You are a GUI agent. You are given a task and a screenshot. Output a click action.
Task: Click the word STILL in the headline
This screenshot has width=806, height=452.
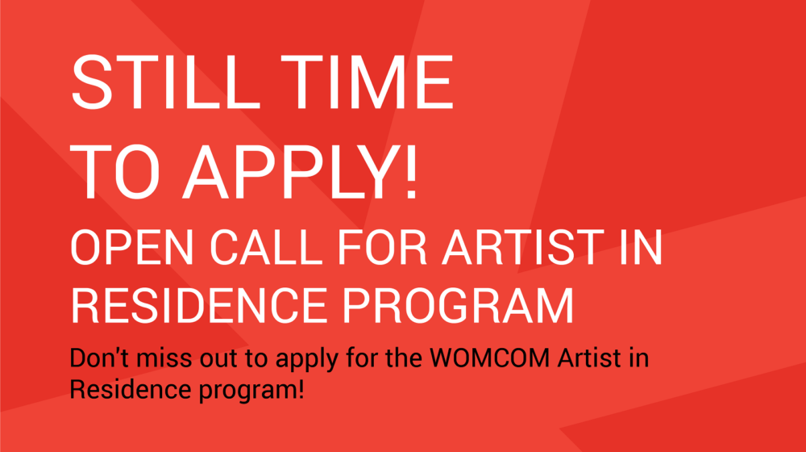(165, 82)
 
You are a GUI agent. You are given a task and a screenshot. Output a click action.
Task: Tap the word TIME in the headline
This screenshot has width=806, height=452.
(367, 82)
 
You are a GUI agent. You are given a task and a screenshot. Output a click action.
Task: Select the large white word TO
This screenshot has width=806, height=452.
(115, 171)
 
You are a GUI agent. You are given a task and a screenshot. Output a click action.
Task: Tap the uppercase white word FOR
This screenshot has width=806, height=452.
(382, 248)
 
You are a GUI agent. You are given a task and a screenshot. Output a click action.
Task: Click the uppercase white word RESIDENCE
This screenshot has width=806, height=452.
(199, 305)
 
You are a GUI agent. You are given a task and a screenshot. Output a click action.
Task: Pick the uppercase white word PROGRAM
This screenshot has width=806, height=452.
(458, 305)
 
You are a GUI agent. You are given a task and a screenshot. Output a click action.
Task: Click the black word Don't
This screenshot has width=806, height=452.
(99, 358)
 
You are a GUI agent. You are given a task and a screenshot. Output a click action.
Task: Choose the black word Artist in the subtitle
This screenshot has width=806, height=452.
(589, 358)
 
